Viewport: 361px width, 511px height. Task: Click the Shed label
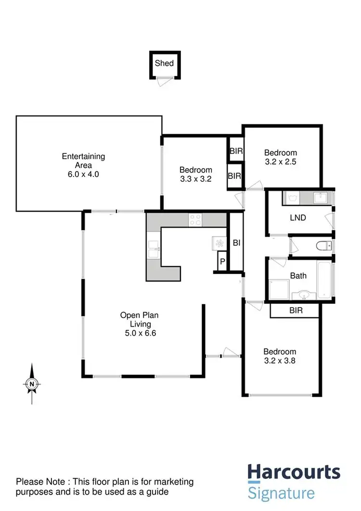point(164,63)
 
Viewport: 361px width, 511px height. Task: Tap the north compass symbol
point(32,384)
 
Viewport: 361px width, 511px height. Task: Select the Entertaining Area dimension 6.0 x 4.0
point(83,175)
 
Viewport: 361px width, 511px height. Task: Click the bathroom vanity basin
point(304,295)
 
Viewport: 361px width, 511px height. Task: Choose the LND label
point(298,217)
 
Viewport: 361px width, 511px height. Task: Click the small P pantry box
point(222,262)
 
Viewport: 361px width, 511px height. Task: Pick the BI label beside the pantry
point(236,243)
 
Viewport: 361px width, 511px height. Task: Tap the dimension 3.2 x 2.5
point(280,162)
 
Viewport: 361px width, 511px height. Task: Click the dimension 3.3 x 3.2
point(196,178)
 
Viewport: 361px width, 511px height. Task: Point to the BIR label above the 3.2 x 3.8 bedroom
point(296,311)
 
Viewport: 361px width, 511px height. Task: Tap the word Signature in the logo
point(282,493)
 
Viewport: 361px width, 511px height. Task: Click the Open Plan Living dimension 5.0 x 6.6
point(139,333)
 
